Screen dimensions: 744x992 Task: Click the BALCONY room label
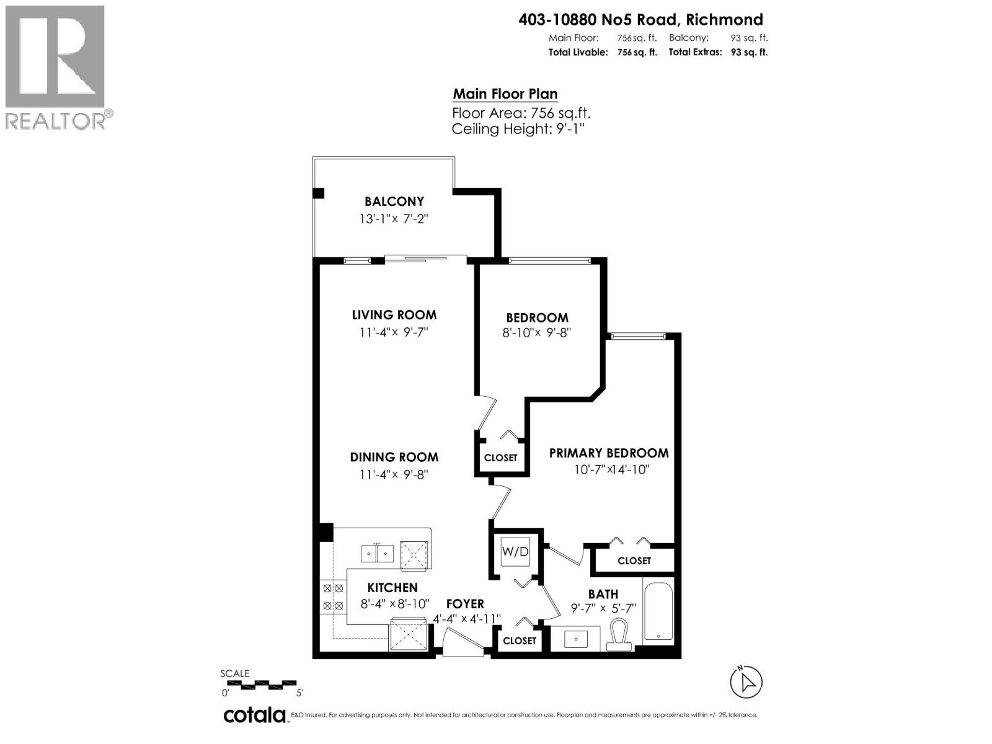point(394,201)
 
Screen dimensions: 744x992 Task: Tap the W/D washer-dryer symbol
point(515,551)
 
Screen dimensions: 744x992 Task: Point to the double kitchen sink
point(378,552)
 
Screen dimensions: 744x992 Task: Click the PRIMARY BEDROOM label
point(609,453)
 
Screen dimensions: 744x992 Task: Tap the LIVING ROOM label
point(394,315)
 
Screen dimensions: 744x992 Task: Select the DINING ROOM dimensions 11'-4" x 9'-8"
point(394,475)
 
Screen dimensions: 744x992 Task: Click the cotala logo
point(254,715)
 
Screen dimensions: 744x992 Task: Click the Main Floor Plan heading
point(505,94)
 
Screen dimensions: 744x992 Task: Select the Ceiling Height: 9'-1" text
point(518,129)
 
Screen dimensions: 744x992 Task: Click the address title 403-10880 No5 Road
point(640,20)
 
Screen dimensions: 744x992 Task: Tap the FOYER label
point(465,604)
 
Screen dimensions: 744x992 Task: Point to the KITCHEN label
point(392,588)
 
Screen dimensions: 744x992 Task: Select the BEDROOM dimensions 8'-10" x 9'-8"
point(536,333)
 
